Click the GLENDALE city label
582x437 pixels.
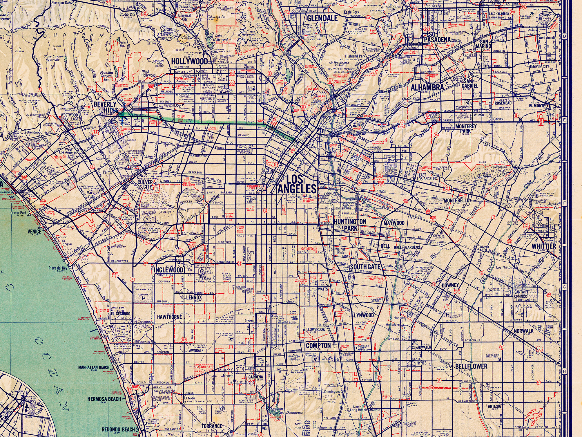322,18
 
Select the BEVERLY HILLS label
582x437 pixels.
105,107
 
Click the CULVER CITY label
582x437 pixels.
145,184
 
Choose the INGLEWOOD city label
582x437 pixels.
168,270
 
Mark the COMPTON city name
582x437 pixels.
318,345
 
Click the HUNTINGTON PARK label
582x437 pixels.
350,225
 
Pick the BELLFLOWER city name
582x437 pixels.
471,366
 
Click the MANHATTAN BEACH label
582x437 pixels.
94,367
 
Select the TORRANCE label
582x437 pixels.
212,426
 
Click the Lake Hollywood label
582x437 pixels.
221,37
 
